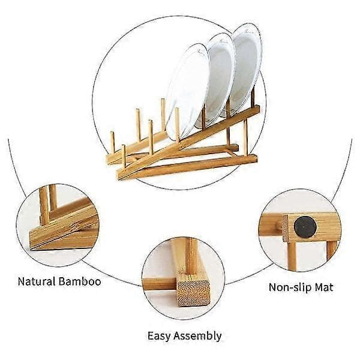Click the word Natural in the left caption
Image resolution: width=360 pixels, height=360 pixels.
(37, 281)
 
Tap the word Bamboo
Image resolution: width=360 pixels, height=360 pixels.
(80, 281)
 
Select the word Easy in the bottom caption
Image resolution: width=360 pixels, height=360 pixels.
(159, 336)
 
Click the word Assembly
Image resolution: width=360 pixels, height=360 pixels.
(197, 336)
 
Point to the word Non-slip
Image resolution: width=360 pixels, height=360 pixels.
(290, 287)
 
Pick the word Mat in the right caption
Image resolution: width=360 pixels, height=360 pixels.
(324, 287)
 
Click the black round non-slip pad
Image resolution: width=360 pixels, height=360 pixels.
(305, 227)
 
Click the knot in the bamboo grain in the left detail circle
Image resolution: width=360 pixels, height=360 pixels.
(74, 227)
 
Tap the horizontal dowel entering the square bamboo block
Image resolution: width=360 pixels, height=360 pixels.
(160, 284)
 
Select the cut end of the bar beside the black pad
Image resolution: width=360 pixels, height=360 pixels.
(286, 229)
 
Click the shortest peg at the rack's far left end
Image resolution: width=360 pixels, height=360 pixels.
(113, 142)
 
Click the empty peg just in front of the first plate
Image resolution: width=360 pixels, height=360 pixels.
(177, 125)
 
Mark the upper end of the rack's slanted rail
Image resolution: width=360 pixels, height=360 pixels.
(257, 109)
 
